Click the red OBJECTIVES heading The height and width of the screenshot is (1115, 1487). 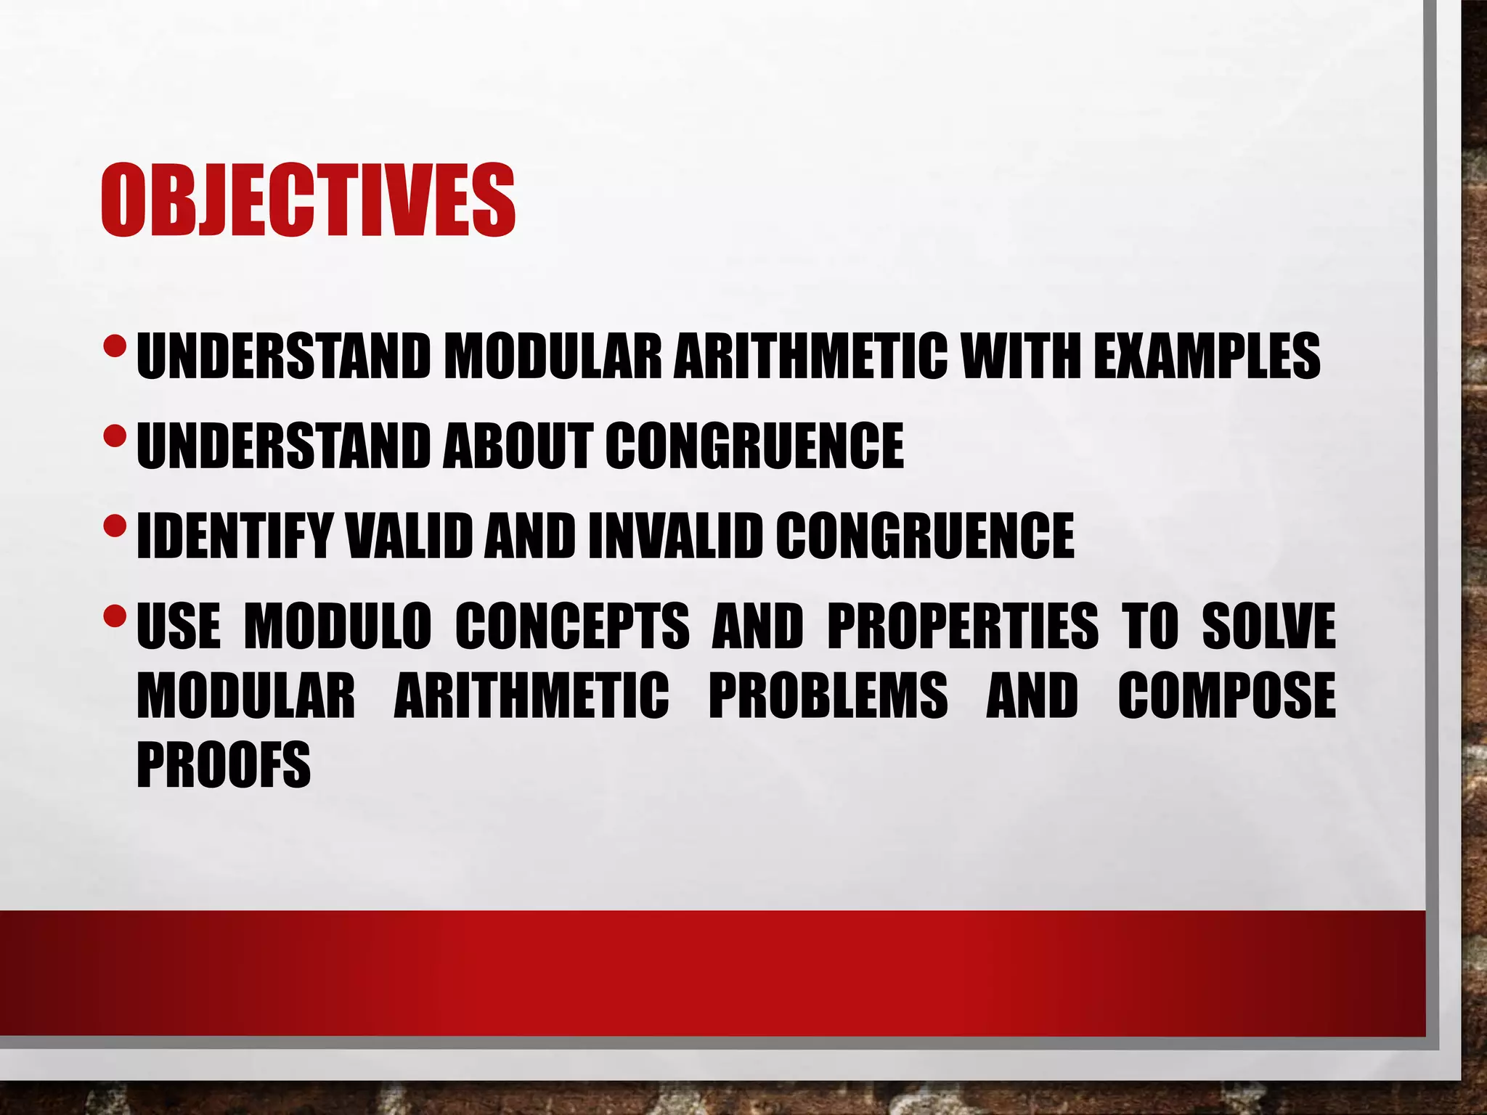coord(308,200)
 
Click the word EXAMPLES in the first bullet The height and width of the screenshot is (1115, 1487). coord(1207,356)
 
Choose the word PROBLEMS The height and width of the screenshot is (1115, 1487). coord(828,695)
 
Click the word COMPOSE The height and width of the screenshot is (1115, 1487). coord(1226,695)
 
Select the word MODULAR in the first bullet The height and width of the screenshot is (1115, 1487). coord(553,356)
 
